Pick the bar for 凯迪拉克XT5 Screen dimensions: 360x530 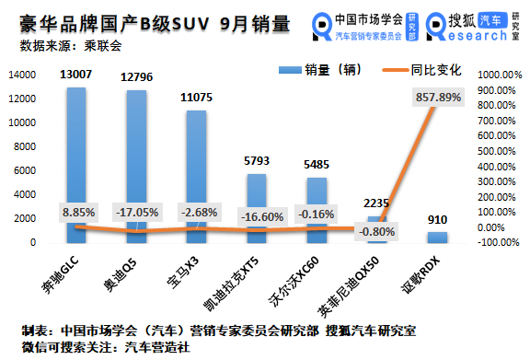click(257, 198)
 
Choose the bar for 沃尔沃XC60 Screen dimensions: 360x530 click(317, 201)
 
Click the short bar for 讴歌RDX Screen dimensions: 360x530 click(437, 238)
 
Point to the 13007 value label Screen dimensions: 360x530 click(76, 75)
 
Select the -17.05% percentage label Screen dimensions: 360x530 click(136, 211)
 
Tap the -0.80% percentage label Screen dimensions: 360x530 click(376, 231)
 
